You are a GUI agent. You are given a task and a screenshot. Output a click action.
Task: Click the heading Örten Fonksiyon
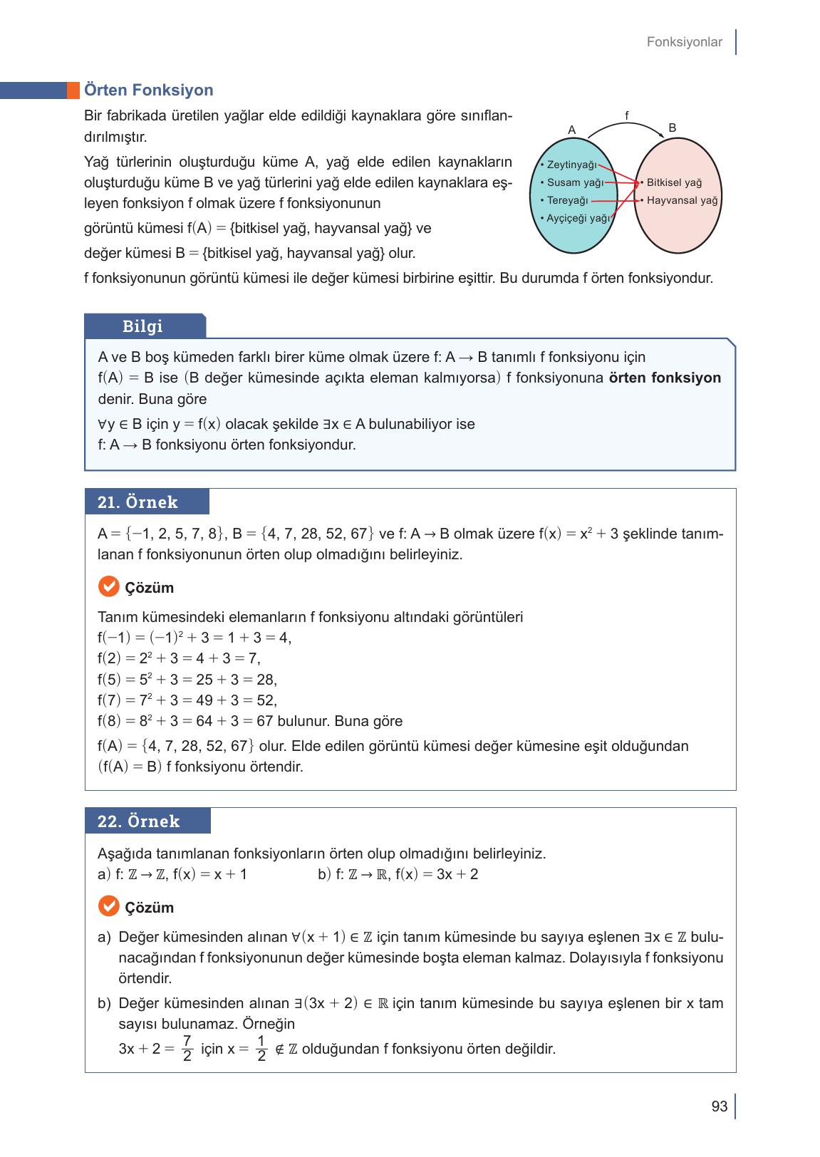[148, 90]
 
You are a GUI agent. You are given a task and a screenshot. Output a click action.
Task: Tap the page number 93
[719, 1106]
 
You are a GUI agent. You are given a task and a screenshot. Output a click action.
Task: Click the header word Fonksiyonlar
[684, 42]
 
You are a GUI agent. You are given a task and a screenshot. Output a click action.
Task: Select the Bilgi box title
[142, 326]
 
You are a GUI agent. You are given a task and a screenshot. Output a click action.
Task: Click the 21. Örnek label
[137, 502]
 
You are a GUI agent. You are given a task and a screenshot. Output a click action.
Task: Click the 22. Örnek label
[138, 821]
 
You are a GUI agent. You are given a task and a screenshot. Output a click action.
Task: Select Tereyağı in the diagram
[564, 200]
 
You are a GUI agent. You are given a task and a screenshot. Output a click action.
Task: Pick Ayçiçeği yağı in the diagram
[575, 218]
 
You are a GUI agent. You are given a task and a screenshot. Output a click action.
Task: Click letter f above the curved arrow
[626, 115]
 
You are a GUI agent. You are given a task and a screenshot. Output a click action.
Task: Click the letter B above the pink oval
[672, 128]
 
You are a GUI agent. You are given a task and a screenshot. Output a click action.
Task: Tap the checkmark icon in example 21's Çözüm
[108, 587]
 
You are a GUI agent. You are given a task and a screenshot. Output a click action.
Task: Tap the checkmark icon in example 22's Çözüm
[108, 907]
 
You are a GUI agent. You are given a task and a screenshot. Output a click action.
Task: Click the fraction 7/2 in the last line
[187, 1048]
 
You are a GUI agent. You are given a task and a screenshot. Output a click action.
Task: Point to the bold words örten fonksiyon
[665, 378]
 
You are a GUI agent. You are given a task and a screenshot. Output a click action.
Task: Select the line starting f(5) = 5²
[187, 680]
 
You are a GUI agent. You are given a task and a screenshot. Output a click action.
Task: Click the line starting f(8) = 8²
[249, 721]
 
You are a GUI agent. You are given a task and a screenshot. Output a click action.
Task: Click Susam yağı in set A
[571, 182]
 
